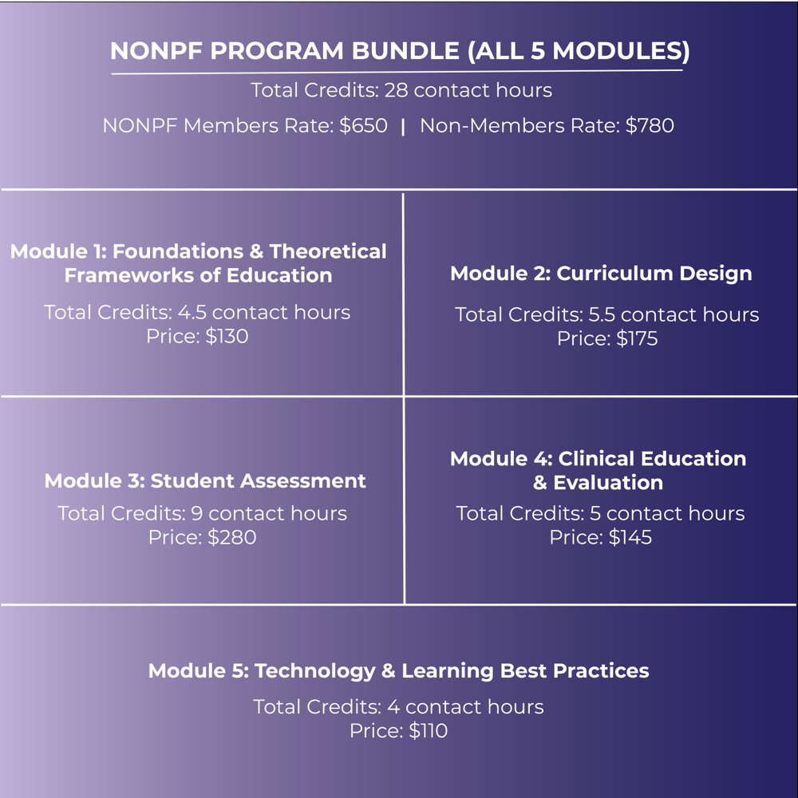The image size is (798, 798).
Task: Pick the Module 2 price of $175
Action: tap(637, 339)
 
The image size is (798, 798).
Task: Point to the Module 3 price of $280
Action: tap(231, 538)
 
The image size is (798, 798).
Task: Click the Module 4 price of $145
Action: tap(630, 538)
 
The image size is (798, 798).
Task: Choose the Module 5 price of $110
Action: tap(428, 731)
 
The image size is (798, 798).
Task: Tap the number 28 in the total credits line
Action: tap(397, 90)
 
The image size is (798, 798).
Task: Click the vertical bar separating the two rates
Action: tap(403, 126)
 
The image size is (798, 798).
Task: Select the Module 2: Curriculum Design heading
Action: tap(601, 274)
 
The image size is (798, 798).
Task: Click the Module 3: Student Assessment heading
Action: tap(205, 481)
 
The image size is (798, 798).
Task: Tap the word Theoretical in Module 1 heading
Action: tap(328, 252)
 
